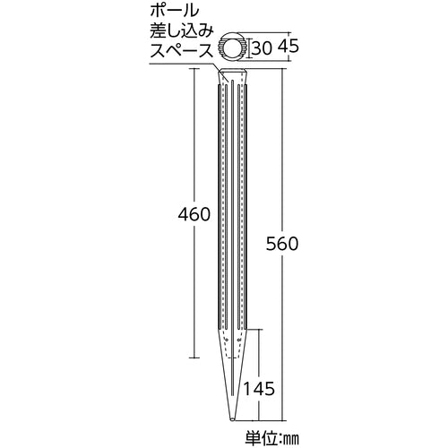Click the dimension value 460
[x=193, y=215]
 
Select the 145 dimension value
[x=259, y=389]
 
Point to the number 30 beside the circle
[x=261, y=47]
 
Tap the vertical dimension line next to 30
[x=250, y=47]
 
